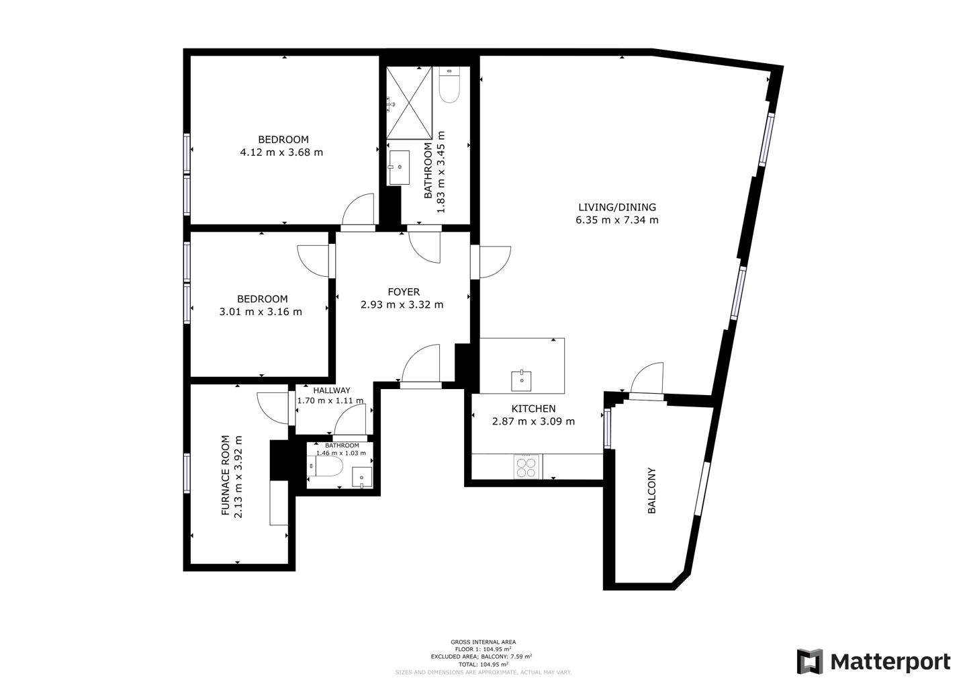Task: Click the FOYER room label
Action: [404, 292]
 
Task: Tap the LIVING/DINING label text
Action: [617, 207]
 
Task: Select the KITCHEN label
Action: [534, 409]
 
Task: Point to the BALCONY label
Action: [651, 490]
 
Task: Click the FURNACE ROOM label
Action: [225, 475]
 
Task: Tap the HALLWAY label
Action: [332, 390]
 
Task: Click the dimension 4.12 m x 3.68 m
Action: [281, 153]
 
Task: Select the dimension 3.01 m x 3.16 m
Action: [261, 312]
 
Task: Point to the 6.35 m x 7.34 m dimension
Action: [617, 220]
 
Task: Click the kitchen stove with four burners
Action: [526, 467]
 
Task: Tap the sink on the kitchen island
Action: [521, 380]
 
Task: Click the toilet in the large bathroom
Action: [449, 85]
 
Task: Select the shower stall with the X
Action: [409, 103]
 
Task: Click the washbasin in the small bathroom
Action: [362, 478]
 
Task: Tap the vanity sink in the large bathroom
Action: [400, 167]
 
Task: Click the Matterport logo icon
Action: [810, 661]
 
